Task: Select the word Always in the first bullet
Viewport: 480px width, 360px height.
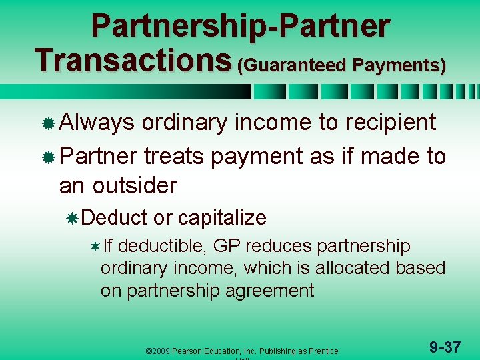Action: coord(97,122)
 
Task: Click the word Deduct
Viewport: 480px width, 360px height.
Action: coord(115,217)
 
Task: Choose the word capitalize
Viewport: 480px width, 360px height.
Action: coord(222,217)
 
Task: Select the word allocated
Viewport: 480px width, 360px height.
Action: coord(355,268)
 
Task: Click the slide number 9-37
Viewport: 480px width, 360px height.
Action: coord(445,347)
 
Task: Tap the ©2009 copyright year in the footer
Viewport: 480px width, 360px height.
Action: coord(160,351)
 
